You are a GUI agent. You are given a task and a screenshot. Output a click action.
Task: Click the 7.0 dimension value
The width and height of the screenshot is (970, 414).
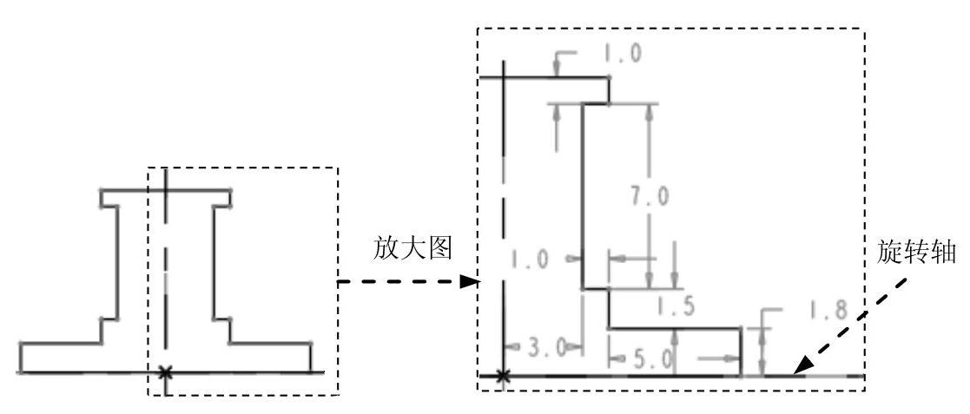pos(649,198)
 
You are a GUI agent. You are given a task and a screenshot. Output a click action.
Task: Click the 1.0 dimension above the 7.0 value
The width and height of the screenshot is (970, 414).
pos(621,54)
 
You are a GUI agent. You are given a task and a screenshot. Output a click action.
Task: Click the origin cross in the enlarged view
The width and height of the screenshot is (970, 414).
pos(503,377)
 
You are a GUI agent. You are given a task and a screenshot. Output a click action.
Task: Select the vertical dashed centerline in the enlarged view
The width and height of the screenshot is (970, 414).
pos(503,217)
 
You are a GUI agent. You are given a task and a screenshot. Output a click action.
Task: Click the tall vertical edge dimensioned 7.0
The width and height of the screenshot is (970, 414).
pos(581,195)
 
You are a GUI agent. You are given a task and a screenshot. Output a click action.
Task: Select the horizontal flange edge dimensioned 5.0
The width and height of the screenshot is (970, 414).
pos(674,328)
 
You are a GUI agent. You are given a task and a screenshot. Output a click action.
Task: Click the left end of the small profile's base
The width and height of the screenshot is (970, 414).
pos(21,358)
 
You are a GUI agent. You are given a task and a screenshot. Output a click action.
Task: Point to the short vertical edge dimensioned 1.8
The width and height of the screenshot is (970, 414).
pos(740,352)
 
